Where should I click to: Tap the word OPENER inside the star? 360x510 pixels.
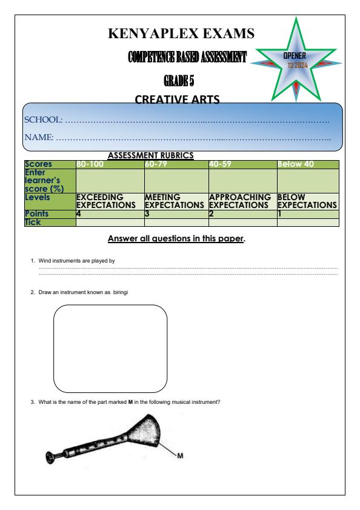(x=296, y=56)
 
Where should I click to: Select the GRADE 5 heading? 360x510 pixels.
(x=179, y=80)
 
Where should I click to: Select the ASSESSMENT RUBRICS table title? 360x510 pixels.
(x=150, y=155)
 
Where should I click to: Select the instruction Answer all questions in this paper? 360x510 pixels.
(x=176, y=239)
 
